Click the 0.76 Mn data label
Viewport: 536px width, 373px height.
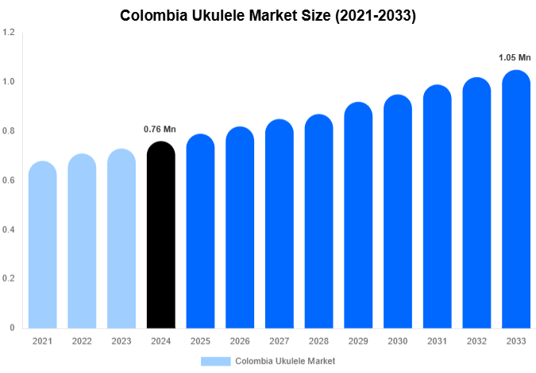[160, 129]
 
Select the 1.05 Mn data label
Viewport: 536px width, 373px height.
[514, 58]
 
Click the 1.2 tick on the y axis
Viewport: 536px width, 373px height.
[9, 33]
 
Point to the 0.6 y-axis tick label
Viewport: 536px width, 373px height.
[9, 181]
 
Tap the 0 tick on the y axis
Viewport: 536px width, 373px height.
[12, 328]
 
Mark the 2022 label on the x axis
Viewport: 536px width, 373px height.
[82, 340]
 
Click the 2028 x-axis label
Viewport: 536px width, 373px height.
[318, 340]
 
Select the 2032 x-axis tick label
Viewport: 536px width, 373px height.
[476, 340]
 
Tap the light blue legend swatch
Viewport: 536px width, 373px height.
[216, 361]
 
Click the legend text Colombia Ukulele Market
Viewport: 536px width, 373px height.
[285, 361]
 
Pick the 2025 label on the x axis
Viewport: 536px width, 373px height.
[200, 340]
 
